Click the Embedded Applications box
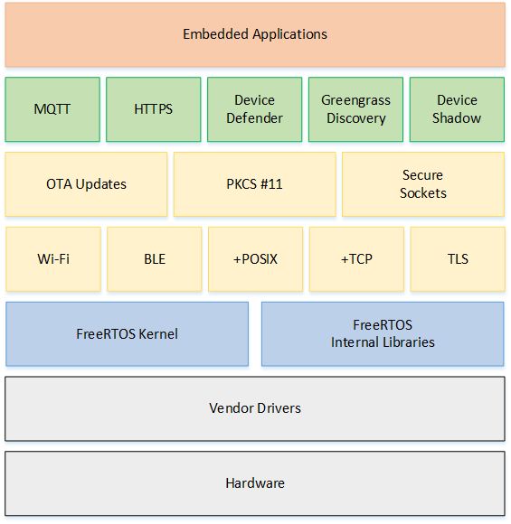point(255,34)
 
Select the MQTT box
point(52,109)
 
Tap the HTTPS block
point(154,109)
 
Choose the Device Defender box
point(255,109)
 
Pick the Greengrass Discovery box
point(355,109)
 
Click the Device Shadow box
point(457,109)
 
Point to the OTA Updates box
point(86,184)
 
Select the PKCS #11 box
point(255,184)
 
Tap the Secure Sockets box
point(423,184)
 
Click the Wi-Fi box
point(53,259)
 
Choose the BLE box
point(155,259)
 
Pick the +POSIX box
point(256,259)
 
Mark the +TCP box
point(356,259)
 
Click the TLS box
point(458,259)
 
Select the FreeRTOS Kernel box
point(128,334)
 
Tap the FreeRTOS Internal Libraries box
point(383,334)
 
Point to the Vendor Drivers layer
point(255,408)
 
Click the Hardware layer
point(255,483)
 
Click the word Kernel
point(158,334)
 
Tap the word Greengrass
point(355,101)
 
